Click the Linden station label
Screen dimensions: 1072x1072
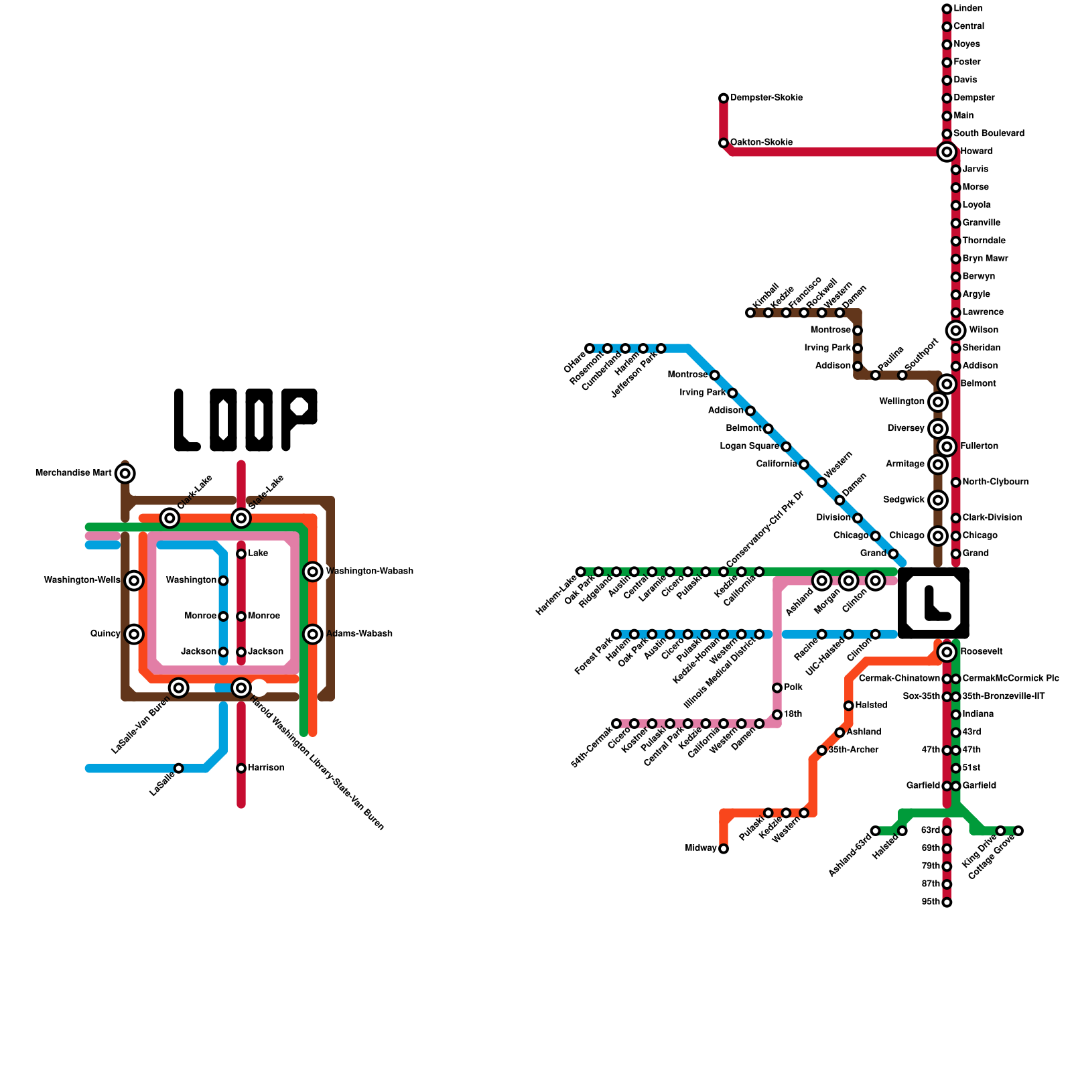tap(968, 9)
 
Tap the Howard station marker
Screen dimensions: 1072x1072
tap(947, 152)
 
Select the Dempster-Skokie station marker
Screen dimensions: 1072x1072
tap(724, 98)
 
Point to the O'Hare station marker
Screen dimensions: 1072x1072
tap(590, 348)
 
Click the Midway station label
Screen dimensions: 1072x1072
tap(701, 848)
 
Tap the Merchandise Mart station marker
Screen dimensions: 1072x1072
tap(125, 474)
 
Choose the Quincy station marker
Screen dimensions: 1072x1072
tap(134, 634)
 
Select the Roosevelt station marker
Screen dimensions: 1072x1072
tap(947, 652)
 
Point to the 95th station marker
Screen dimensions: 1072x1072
tap(947, 902)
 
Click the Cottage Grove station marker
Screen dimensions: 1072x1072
tap(1018, 831)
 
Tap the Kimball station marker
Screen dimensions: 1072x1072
tap(750, 313)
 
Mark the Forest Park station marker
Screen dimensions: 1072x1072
tap(616, 634)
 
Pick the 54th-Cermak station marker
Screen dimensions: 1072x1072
tap(616, 724)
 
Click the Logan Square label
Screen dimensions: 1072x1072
tap(750, 446)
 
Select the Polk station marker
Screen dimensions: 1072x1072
tap(777, 688)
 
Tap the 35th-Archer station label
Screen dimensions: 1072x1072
tap(853, 750)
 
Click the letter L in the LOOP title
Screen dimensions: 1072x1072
tap(186, 420)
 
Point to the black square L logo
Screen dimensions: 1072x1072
tap(933, 603)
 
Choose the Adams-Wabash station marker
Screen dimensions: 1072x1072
tap(313, 634)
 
